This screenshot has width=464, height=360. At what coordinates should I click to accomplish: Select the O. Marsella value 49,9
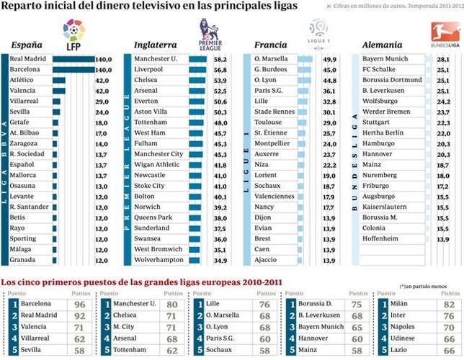329,59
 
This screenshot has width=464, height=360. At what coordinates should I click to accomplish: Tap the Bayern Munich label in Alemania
385,59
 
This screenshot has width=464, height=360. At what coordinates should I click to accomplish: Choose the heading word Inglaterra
156,45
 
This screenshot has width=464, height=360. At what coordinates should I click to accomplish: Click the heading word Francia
271,45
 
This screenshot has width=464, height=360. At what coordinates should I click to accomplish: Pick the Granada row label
23,260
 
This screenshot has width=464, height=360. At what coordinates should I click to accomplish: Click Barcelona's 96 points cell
81,304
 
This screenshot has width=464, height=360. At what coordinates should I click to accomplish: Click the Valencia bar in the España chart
58,91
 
